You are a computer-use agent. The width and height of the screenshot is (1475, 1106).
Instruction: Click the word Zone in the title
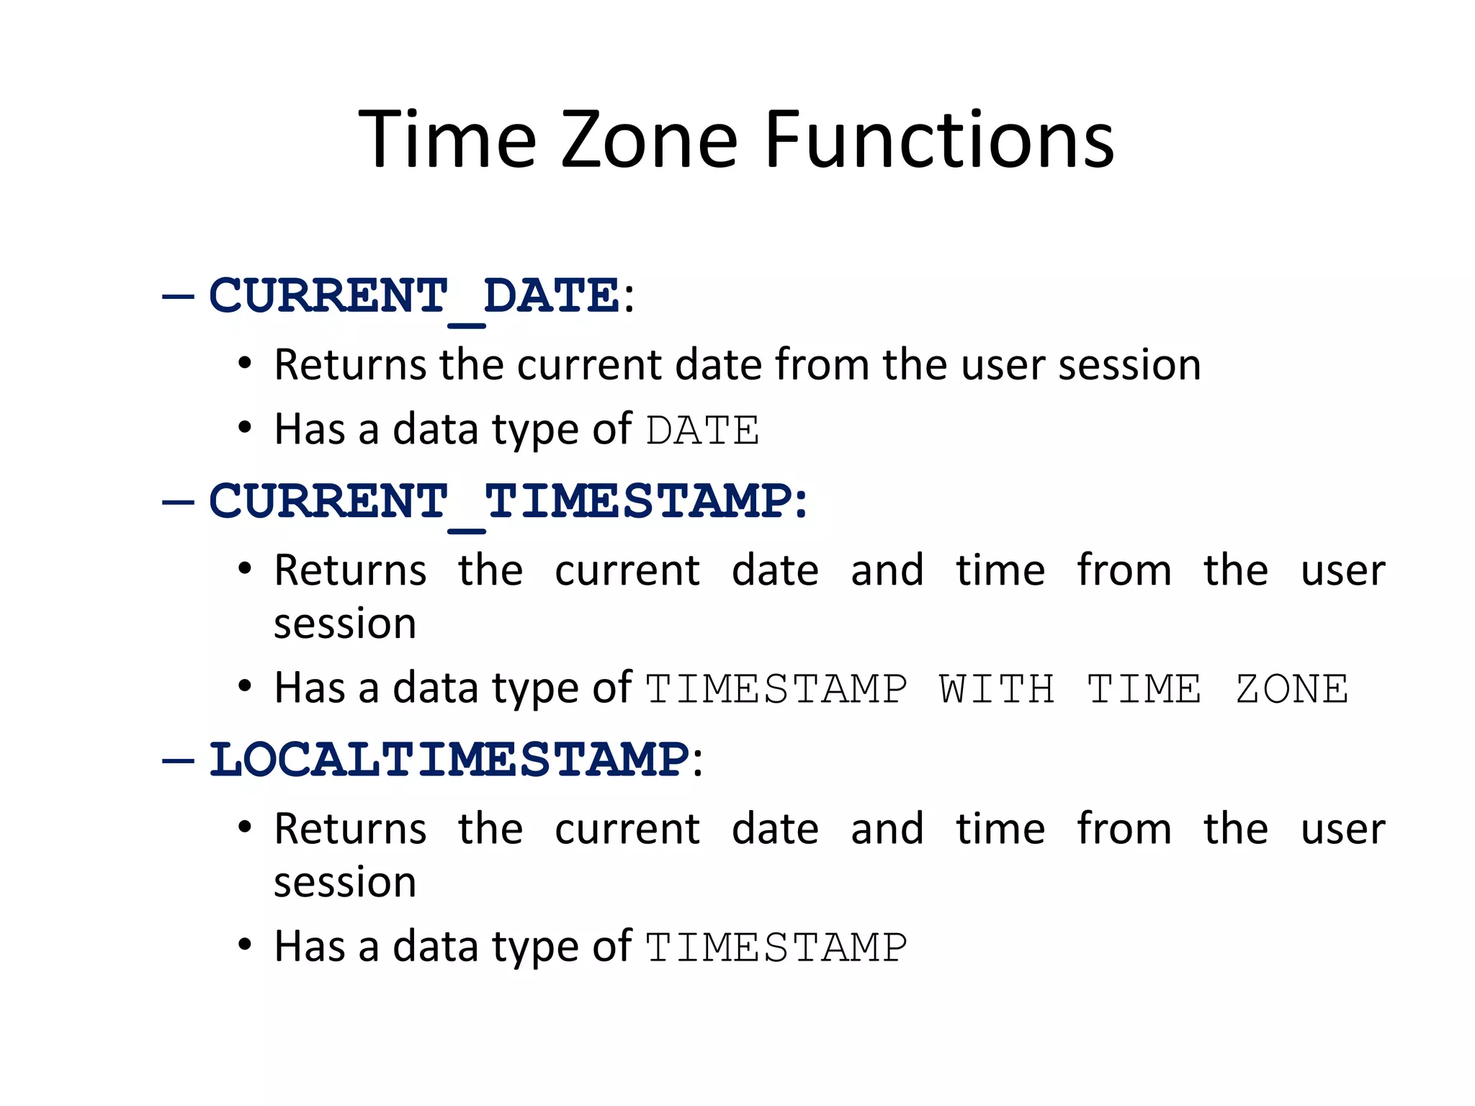[649, 140]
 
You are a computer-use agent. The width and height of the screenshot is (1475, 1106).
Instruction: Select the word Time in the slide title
[447, 140]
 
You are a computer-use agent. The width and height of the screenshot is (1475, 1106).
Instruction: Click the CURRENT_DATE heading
[414, 296]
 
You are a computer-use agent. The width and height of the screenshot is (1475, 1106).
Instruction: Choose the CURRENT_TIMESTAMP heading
[501, 501]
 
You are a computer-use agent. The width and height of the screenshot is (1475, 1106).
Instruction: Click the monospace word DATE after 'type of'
[702, 431]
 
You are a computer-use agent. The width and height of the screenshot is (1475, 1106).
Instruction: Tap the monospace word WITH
[997, 689]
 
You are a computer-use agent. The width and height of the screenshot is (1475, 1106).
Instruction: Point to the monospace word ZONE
[1292, 689]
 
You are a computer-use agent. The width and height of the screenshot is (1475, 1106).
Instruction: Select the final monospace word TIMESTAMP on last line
[776, 948]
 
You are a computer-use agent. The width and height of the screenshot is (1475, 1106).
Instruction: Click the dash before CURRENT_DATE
[178, 296]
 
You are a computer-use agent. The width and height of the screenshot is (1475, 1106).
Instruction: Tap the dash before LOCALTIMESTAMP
[178, 760]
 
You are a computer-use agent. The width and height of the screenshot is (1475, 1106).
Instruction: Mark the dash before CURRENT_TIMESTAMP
[178, 502]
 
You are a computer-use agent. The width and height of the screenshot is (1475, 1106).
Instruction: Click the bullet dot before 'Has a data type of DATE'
[245, 428]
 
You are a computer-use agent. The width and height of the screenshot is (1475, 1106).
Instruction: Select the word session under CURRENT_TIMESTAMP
[345, 624]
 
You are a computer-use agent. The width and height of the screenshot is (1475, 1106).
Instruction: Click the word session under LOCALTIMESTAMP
[345, 883]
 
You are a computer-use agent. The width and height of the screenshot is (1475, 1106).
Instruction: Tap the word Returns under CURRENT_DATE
[351, 364]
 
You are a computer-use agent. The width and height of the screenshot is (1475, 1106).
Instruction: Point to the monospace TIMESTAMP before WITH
[776, 689]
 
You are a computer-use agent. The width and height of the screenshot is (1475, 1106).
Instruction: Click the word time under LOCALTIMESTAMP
[1000, 829]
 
